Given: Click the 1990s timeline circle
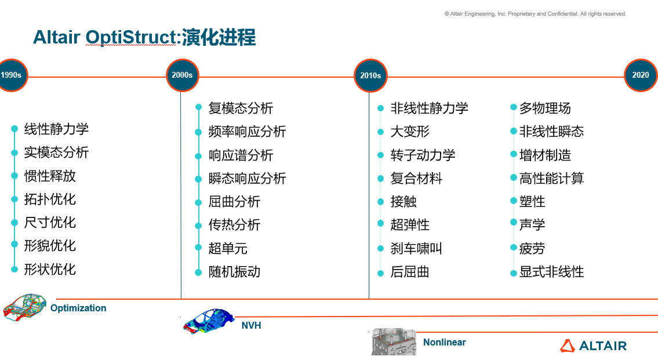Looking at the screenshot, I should (10, 75).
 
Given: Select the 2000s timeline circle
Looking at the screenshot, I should (182, 75).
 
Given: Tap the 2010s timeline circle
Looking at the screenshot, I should (370, 75).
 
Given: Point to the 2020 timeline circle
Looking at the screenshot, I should (641, 75).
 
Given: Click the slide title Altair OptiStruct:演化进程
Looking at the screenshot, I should (144, 38).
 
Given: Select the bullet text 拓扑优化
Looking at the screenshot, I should (50, 199).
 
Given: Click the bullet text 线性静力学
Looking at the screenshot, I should (56, 129).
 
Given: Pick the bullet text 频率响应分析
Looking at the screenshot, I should (248, 132).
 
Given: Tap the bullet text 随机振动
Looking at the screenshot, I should (234, 271).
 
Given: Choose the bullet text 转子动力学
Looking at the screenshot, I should (423, 155).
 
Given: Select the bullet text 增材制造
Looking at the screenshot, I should (545, 155).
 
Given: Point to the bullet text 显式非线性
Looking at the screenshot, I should (551, 271).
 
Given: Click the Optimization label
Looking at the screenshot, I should (78, 308).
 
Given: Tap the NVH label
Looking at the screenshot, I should (251, 325).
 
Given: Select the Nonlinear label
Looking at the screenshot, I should (444, 342).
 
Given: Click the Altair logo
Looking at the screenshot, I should (593, 346).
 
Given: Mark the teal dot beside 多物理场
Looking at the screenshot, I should (514, 108).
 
